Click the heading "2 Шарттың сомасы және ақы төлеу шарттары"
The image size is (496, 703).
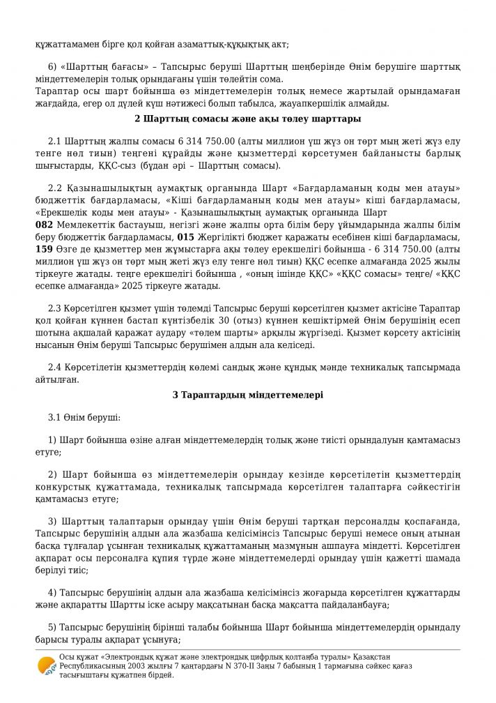pyautogui.click(x=247, y=118)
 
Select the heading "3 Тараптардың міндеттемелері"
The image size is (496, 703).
pyautogui.click(x=247, y=395)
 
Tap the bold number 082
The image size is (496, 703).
pyautogui.click(x=43, y=226)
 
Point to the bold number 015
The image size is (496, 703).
pyautogui.click(x=185, y=236)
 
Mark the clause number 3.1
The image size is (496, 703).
pyautogui.click(x=55, y=417)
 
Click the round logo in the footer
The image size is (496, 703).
pyautogui.click(x=47, y=667)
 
